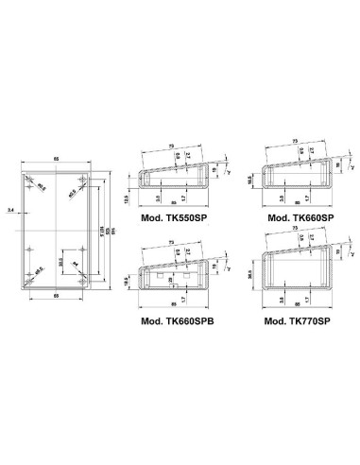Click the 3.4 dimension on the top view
tap(9, 209)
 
